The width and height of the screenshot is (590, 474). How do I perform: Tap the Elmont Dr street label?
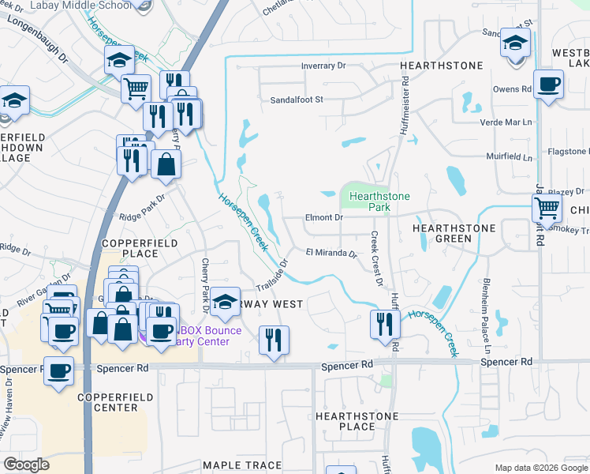tap(324, 217)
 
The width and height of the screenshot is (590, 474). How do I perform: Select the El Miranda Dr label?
tap(331, 254)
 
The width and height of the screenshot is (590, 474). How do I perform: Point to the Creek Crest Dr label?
tap(376, 258)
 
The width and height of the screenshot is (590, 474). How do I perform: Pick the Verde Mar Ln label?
tap(506, 122)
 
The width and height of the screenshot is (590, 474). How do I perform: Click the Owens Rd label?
tap(510, 90)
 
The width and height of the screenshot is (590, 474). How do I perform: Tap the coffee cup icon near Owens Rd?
tap(548, 84)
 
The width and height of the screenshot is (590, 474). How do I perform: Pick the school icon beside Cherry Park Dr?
tap(225, 302)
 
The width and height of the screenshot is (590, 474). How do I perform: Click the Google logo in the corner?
tap(26, 465)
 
